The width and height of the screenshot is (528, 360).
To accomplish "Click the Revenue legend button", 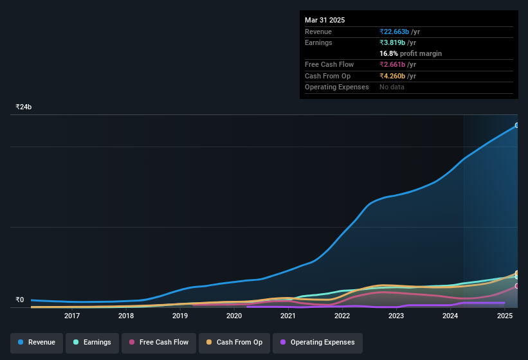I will [x=37, y=343].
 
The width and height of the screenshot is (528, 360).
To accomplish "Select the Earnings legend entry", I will [x=93, y=343].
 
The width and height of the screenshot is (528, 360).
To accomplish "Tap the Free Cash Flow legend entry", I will [x=159, y=343].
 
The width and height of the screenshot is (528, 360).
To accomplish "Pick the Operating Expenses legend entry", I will [x=317, y=343].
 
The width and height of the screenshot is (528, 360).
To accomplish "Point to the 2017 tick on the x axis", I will [x=72, y=316].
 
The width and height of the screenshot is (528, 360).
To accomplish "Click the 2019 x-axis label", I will [x=180, y=316].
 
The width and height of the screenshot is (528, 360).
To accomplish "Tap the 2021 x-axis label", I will [x=288, y=316].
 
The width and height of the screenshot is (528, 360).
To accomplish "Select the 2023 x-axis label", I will [x=396, y=316].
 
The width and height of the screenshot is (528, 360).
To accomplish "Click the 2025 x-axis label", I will [x=504, y=316].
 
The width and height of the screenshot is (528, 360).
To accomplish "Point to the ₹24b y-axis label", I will [x=24, y=107].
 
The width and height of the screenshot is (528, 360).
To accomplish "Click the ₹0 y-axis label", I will [x=20, y=300].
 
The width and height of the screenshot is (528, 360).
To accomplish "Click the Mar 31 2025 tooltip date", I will [x=325, y=20].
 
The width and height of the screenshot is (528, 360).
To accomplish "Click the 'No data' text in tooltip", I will [x=392, y=87].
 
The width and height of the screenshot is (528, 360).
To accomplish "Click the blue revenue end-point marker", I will [x=517, y=125].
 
